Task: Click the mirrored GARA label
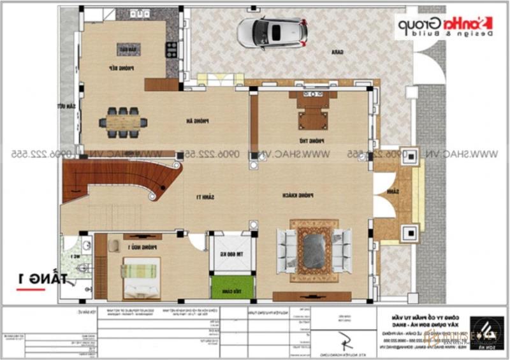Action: click(x=333, y=54)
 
